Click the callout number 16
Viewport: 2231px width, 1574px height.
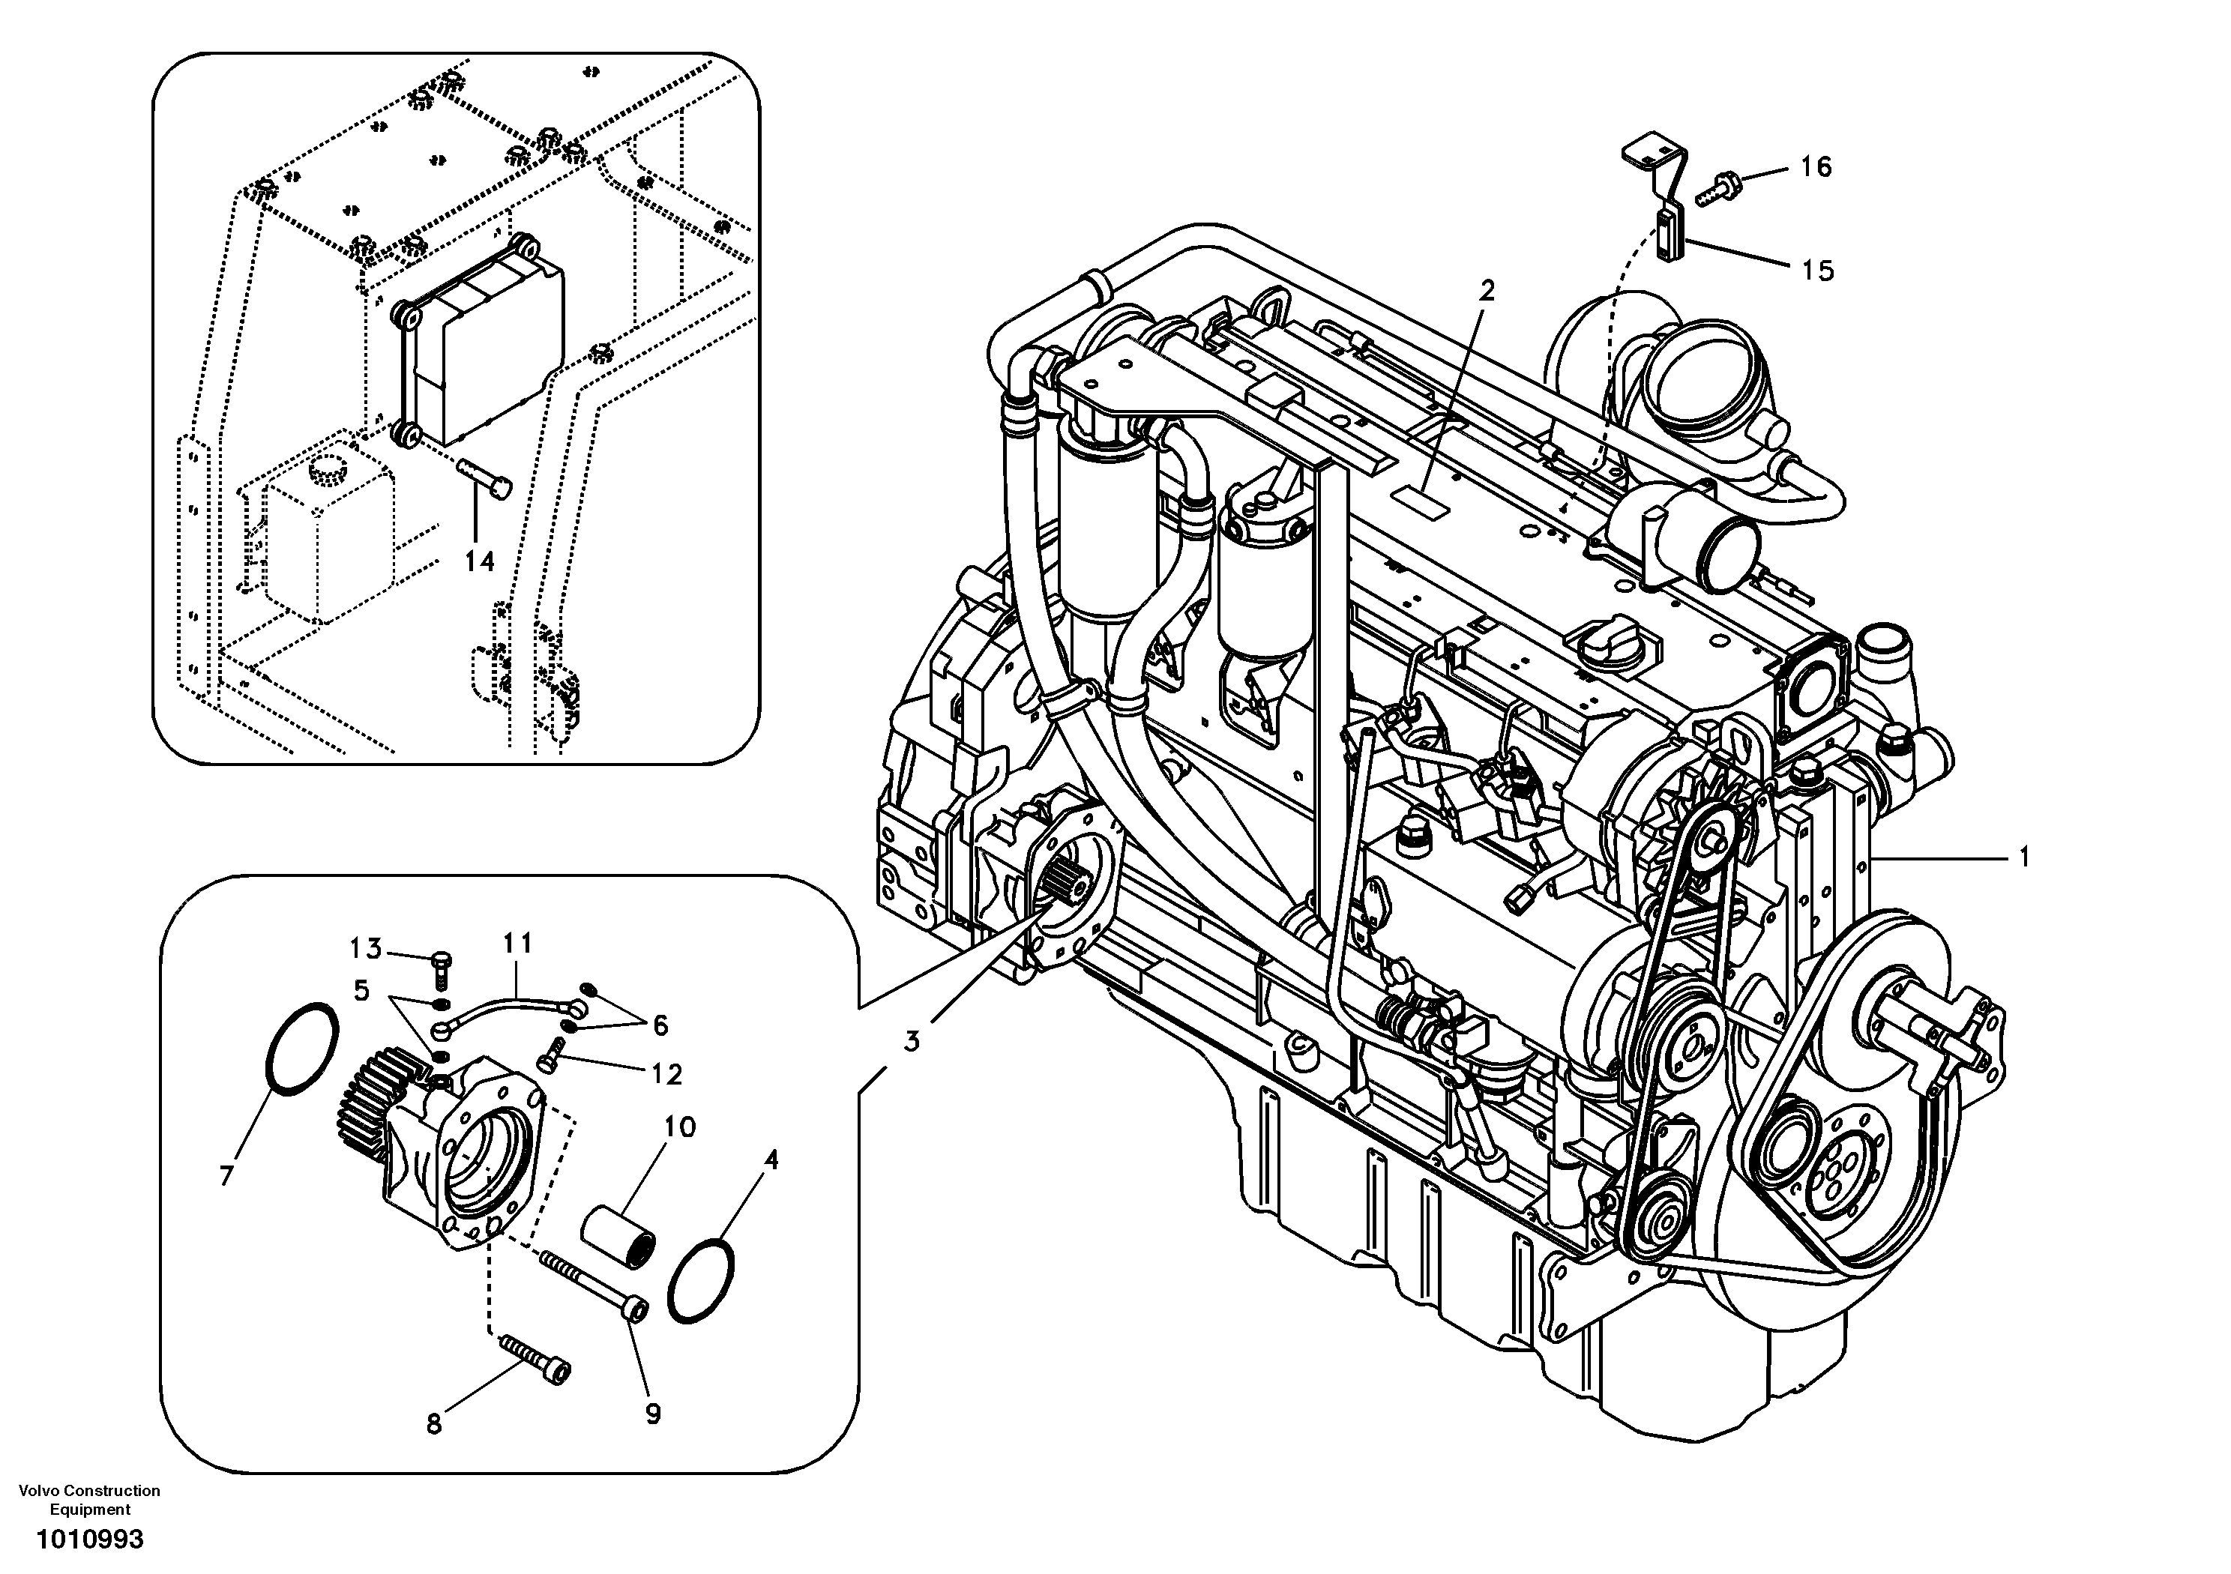coord(1815,167)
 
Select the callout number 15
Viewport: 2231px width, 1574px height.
coord(1817,270)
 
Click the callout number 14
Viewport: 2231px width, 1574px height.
coord(479,561)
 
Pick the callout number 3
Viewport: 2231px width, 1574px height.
coord(912,1042)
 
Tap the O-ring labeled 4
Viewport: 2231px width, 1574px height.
coord(702,1279)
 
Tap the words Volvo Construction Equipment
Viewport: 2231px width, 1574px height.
coord(89,1499)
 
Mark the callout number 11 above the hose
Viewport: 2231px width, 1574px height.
coord(518,942)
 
